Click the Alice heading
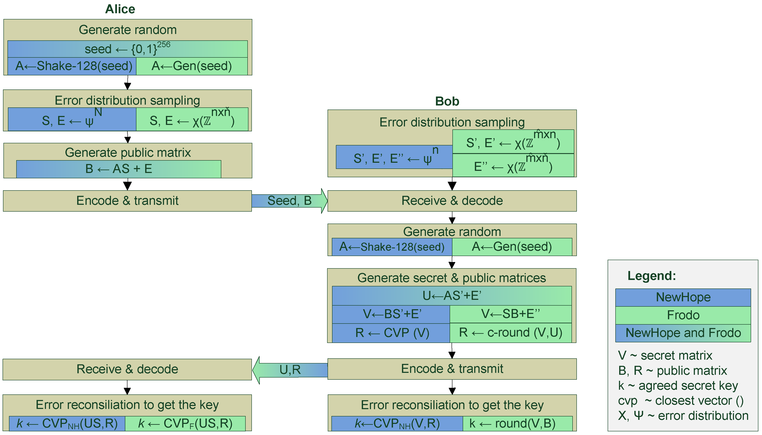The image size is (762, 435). coord(120,9)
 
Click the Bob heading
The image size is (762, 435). coord(447,101)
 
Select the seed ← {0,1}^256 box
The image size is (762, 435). coord(127,49)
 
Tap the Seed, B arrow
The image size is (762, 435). coord(289,201)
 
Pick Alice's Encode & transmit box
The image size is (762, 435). coord(127,201)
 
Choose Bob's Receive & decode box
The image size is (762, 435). coord(452,201)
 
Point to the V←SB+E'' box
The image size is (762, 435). coord(511,314)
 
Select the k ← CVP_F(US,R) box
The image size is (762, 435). coord(185,424)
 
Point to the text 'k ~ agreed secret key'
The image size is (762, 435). coord(678,386)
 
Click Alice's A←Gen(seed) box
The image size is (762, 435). coord(192,66)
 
